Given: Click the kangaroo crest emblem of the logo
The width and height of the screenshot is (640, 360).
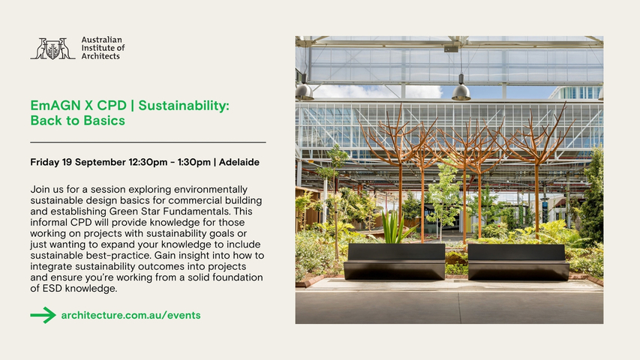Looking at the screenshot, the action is (53, 49).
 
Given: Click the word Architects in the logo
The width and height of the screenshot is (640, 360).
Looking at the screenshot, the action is (101, 56).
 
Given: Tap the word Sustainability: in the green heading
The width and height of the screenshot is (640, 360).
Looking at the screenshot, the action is (184, 106).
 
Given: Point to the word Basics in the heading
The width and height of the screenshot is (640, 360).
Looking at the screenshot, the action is (104, 121).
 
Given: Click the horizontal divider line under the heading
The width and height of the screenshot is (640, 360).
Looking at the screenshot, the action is (148, 142).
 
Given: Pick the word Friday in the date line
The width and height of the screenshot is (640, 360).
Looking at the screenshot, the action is (45, 163).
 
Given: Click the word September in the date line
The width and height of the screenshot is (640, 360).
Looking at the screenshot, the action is (101, 163).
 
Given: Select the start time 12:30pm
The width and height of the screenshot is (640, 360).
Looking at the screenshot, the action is (148, 163).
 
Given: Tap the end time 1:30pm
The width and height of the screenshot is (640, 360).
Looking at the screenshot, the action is (194, 163).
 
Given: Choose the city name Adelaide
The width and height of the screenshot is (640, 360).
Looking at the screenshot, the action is (239, 163).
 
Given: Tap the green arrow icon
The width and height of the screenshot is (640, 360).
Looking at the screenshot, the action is (44, 315).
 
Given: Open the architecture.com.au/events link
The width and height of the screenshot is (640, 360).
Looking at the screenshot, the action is (131, 315).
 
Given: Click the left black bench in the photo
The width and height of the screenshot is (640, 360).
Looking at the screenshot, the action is (395, 262).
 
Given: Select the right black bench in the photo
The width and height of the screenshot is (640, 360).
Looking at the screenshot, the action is (518, 262).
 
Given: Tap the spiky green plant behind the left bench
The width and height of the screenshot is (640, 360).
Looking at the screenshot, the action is (395, 228).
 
